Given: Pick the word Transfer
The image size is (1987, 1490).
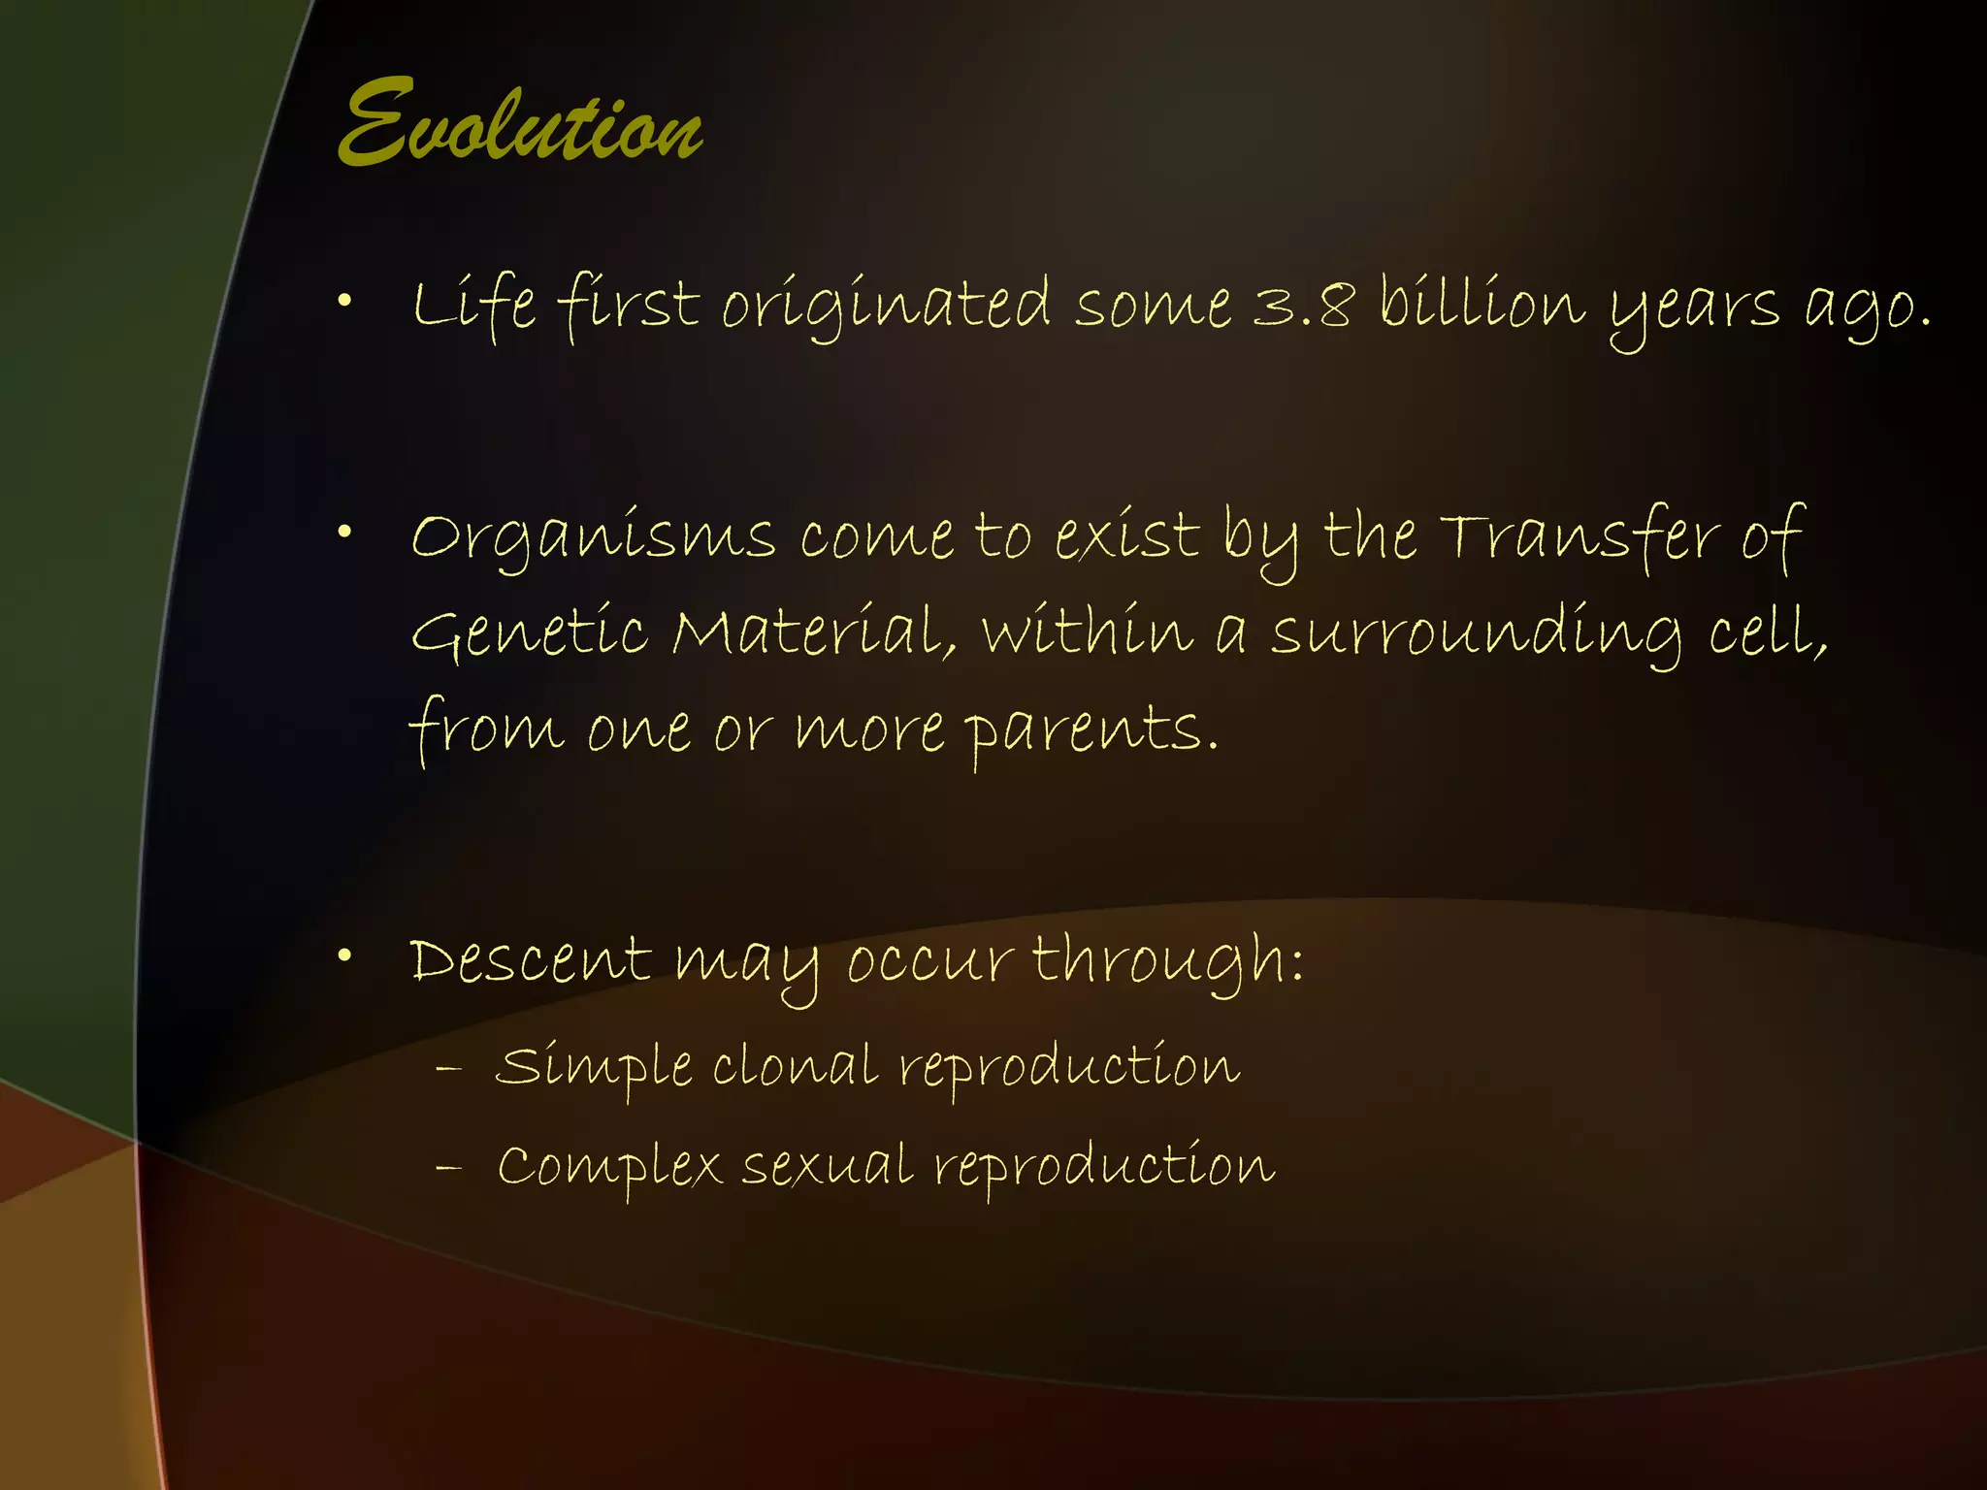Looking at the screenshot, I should [x=1579, y=535].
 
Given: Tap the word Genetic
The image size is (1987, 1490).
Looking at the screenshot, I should [x=529, y=632].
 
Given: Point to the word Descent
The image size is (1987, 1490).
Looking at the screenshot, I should [x=530, y=960].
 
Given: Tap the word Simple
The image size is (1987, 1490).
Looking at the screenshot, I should [x=593, y=1068].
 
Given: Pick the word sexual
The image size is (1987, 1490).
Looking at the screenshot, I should [x=827, y=1166].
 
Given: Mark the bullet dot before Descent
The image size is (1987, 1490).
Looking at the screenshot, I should [x=344, y=956].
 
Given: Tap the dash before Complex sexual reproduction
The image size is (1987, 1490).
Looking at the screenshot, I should [x=448, y=1167].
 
